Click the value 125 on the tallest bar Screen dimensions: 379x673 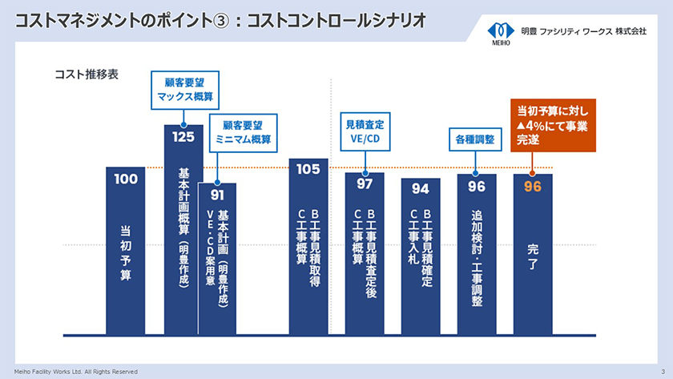(183, 136)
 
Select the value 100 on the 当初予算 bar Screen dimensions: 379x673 (126, 179)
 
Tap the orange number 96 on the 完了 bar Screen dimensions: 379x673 (533, 186)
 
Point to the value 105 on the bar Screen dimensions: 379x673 (308, 169)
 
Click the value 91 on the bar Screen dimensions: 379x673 (217, 194)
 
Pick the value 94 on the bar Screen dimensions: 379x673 (421, 189)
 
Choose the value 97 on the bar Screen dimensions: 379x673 (365, 184)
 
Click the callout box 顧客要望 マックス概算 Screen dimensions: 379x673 (185, 89)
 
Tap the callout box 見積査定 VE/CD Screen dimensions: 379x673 (365, 132)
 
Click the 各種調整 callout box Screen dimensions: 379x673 (474, 139)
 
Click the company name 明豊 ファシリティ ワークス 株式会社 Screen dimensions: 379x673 (582, 31)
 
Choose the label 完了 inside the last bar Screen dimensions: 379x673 (533, 257)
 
